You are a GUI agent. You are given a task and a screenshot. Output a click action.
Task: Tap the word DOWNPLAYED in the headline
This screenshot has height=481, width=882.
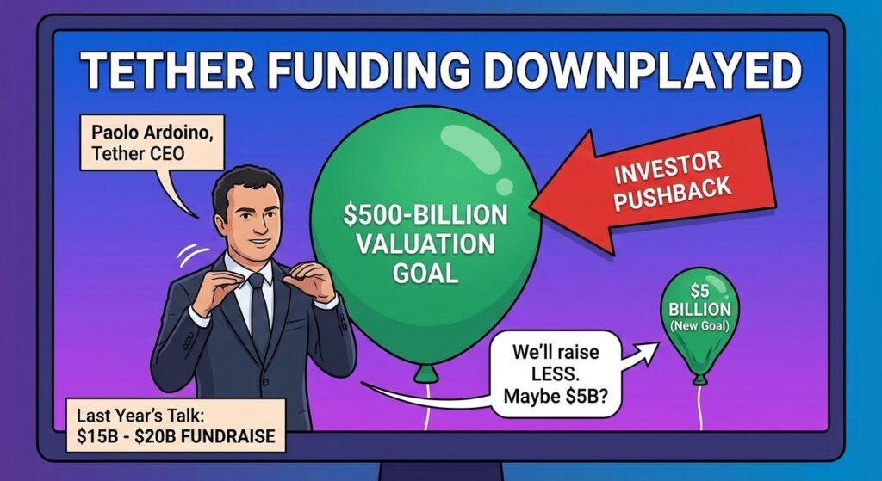[x=642, y=71]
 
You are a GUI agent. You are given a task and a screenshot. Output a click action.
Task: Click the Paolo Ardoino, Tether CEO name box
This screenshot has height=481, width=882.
[x=152, y=143]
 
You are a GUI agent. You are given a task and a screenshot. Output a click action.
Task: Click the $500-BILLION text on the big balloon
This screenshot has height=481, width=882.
[x=425, y=215]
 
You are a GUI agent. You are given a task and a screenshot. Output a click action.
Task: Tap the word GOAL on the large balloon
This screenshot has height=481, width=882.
[x=425, y=274]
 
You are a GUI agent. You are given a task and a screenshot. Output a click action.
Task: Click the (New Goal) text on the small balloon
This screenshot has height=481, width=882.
[x=699, y=326]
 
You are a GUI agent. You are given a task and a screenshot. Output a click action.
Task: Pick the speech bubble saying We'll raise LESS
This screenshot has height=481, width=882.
[x=556, y=373]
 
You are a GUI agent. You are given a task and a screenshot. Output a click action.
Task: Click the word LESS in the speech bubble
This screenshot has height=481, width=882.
[x=556, y=373]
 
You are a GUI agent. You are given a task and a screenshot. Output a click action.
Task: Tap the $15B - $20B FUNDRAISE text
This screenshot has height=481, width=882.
[x=176, y=436]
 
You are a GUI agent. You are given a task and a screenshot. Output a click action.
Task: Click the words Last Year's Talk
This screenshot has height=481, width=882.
[x=140, y=416]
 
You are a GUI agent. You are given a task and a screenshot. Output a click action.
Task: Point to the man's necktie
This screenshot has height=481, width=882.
[x=259, y=315]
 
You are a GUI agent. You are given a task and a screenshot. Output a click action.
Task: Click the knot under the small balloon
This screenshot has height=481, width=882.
[x=699, y=379]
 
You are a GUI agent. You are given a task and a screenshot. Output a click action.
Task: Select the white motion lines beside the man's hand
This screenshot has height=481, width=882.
[x=190, y=256]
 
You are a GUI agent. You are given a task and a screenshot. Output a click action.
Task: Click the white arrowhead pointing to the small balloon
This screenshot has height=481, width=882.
[x=647, y=353]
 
